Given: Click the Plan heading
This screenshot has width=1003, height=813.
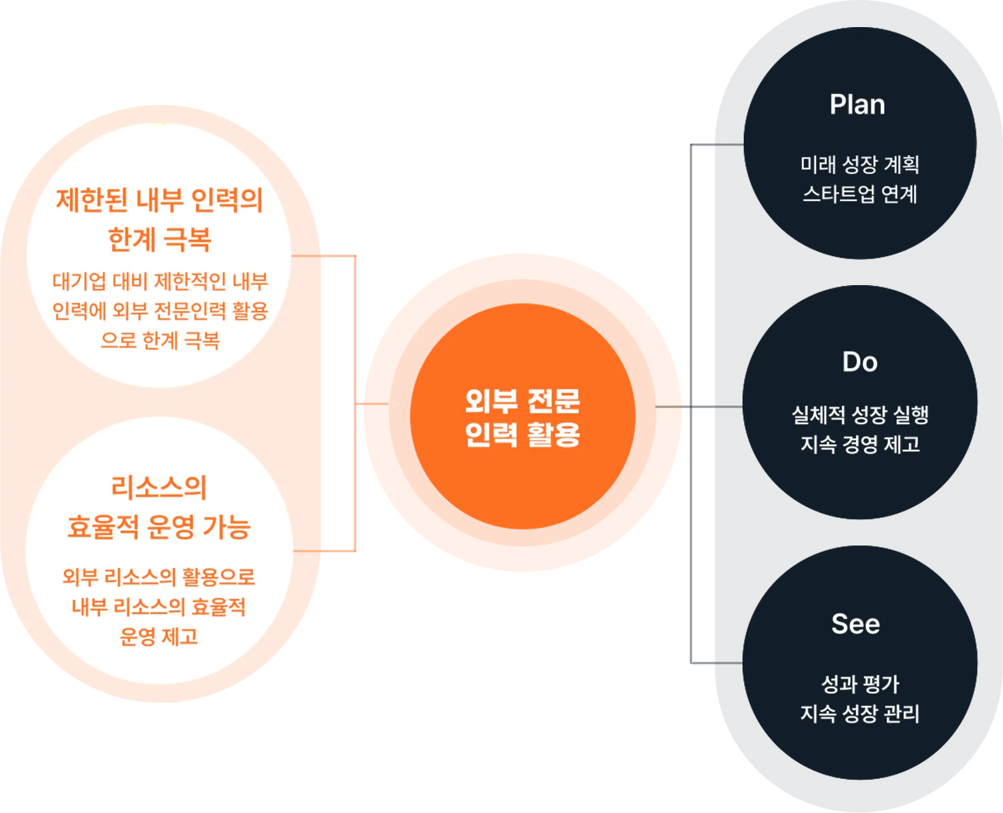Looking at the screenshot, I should (x=857, y=105).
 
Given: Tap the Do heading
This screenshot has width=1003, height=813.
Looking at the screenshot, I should (x=860, y=362).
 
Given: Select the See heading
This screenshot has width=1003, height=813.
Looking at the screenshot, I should (x=856, y=624).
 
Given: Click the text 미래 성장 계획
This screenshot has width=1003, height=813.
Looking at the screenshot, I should (x=860, y=164).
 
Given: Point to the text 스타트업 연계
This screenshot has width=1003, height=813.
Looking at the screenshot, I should (x=860, y=194).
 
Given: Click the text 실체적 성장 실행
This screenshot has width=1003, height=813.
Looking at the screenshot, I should (x=860, y=415).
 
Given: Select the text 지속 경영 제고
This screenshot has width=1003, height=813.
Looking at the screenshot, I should (x=860, y=444).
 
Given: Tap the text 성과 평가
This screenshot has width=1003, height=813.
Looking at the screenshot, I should (x=860, y=684).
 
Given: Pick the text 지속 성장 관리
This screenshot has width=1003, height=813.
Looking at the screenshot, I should (x=860, y=713).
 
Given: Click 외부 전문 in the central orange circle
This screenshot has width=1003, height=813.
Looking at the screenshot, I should (x=522, y=401).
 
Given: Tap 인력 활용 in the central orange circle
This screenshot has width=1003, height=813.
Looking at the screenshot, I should (x=522, y=435).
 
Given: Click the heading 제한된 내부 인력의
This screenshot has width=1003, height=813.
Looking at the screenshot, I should (x=159, y=200).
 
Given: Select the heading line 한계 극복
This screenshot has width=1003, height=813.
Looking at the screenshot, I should (x=159, y=239).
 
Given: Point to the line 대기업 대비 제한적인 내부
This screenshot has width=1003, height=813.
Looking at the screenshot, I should (x=160, y=281).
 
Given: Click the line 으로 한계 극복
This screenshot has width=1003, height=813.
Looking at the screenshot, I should (x=160, y=340).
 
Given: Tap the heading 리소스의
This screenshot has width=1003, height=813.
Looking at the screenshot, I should (x=159, y=487).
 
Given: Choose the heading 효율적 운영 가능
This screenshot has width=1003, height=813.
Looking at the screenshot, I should (x=159, y=527).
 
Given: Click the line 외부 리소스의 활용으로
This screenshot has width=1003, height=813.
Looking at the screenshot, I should (x=159, y=577).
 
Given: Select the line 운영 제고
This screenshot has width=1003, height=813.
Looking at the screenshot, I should (x=159, y=636).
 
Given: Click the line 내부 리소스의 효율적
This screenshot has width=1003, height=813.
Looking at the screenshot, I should (x=159, y=607).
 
